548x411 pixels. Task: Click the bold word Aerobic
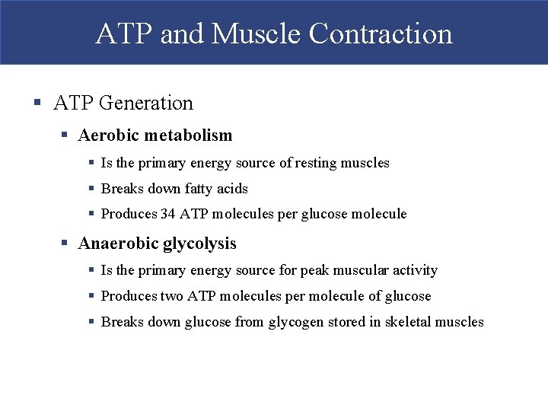point(109,135)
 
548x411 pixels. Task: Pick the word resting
point(317,163)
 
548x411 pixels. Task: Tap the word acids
point(232,189)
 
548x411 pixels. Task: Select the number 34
point(168,215)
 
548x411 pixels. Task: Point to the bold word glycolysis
point(199,244)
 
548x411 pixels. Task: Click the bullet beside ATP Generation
point(37,103)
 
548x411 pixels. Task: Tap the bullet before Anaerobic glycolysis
point(65,244)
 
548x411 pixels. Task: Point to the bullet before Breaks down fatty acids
point(91,189)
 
